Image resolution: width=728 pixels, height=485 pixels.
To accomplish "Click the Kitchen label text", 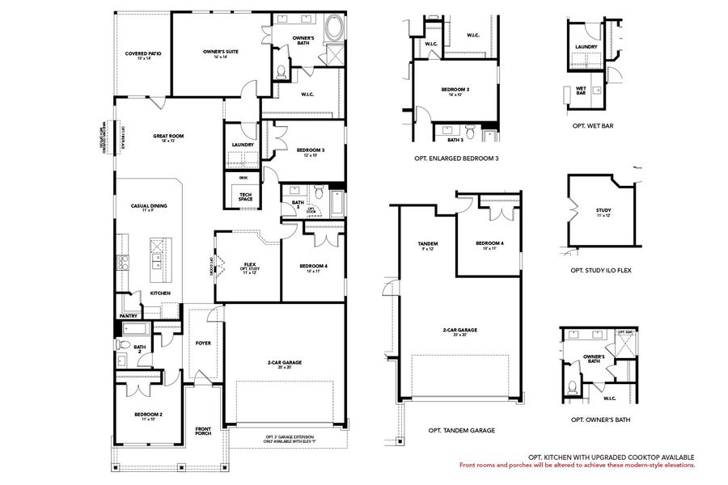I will click(159, 293).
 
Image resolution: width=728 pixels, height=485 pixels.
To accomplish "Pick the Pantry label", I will click(128, 316).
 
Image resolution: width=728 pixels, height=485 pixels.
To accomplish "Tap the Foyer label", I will click(203, 343).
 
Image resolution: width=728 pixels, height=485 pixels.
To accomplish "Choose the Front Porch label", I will click(203, 432).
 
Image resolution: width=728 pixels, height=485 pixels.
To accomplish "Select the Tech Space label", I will click(243, 196).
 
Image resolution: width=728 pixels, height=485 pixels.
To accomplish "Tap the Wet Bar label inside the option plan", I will click(581, 91).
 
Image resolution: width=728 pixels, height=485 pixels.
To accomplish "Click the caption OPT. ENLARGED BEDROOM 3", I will click(455, 158).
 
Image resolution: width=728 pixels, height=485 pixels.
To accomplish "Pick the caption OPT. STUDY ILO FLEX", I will click(600, 270).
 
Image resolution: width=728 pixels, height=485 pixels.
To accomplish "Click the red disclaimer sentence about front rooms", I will click(577, 466).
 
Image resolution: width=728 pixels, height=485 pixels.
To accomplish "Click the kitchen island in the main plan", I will click(157, 255).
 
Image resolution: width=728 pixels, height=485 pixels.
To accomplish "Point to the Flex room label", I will click(249, 266).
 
